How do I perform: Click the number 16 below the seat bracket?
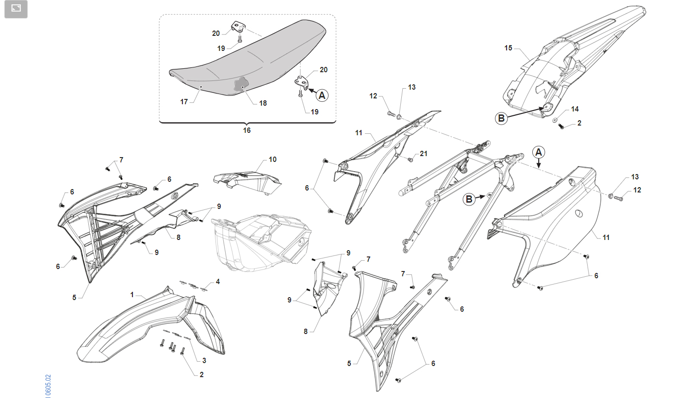pos(247,130)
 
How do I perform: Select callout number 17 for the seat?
pos(184,102)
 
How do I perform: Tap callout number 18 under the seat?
pos(263,103)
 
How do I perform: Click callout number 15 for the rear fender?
pos(508,48)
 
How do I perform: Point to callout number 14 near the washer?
pos(575,109)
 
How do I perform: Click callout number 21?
pos(423,154)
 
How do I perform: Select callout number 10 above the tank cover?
pos(273,159)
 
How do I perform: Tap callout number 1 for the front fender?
pos(132,295)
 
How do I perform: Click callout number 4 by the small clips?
pos(218,282)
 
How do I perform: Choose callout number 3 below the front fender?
pos(204,360)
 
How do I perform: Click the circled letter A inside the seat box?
pos(322,96)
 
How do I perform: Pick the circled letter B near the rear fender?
pos(501,118)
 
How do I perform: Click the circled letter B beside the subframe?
pos(469,199)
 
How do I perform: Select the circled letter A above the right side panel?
pos(539,152)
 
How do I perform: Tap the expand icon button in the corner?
pos(16,9)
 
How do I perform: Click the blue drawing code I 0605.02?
pos(48,386)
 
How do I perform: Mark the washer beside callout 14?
pos(555,120)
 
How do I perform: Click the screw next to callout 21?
pos(410,159)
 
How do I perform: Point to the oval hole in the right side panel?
pos(578,213)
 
